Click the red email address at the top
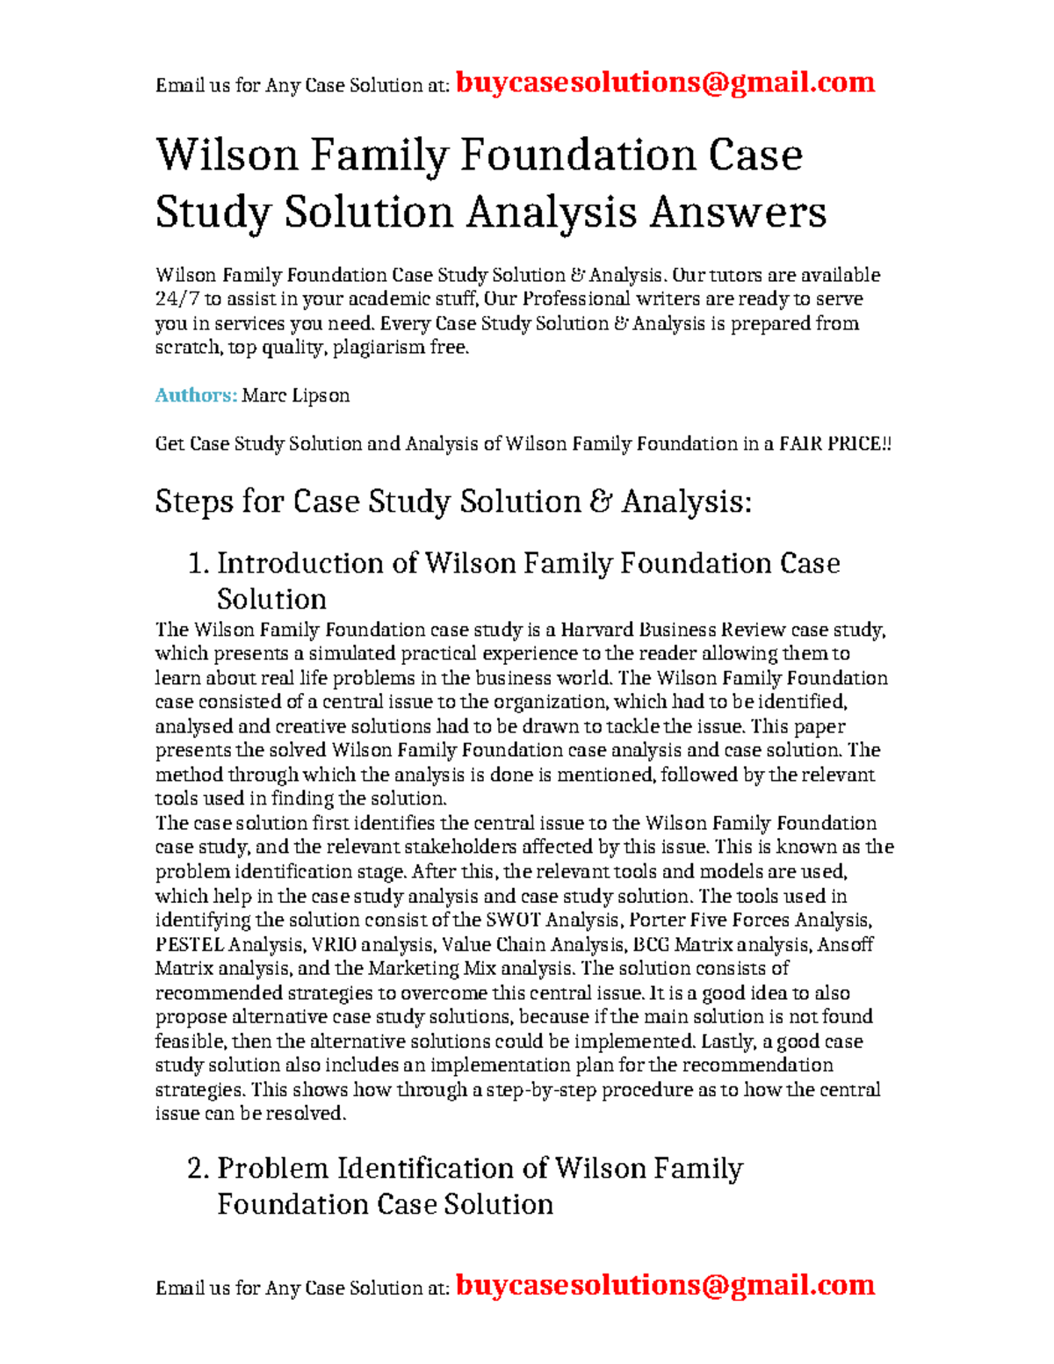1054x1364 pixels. pyautogui.click(x=665, y=83)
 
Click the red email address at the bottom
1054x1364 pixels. pyautogui.click(x=665, y=1285)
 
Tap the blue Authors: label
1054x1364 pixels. pyautogui.click(x=196, y=395)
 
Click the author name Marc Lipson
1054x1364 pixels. pyautogui.click(x=296, y=395)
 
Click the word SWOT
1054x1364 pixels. pyautogui.click(x=513, y=920)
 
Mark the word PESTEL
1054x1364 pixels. pyautogui.click(x=189, y=945)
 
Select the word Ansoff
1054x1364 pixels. pyautogui.click(x=845, y=945)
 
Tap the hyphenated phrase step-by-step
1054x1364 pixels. pyautogui.click(x=542, y=1090)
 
